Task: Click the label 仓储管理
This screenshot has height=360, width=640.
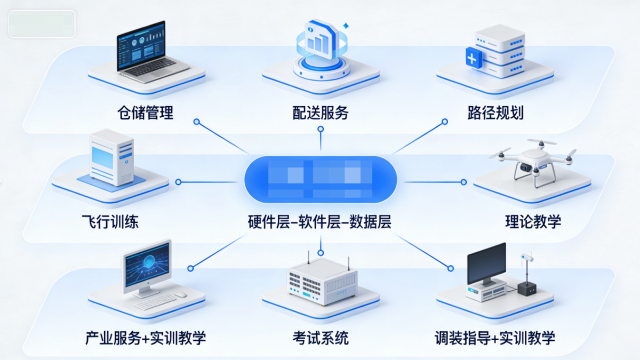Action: (x=146, y=113)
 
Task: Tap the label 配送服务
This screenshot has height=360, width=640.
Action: (x=320, y=113)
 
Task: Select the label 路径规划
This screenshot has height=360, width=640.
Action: (x=495, y=113)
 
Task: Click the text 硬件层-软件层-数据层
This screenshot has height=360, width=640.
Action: (x=320, y=221)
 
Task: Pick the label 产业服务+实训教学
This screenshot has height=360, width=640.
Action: (x=146, y=338)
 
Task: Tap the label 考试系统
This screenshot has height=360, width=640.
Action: (x=320, y=338)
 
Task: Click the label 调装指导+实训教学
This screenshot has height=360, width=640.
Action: (x=495, y=338)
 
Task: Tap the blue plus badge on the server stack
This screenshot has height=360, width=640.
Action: (x=473, y=57)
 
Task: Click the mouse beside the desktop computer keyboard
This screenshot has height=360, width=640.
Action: (x=180, y=294)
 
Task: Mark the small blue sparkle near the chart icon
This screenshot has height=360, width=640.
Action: (x=346, y=25)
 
